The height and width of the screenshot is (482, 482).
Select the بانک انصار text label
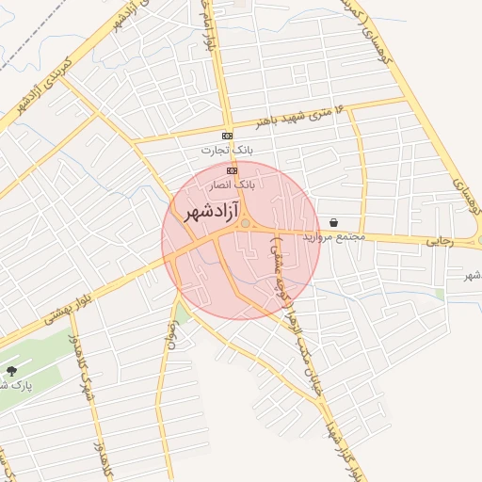point(232,185)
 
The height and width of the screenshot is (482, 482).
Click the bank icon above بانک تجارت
point(227,136)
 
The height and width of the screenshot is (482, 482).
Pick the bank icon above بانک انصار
point(232,170)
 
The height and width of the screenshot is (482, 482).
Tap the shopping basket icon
point(334,223)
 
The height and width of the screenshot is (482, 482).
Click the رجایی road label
point(440,242)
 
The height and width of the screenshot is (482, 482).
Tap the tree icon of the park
point(10,371)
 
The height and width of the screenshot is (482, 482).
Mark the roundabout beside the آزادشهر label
point(245,224)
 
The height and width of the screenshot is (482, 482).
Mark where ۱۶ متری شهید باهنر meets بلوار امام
point(226,130)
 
